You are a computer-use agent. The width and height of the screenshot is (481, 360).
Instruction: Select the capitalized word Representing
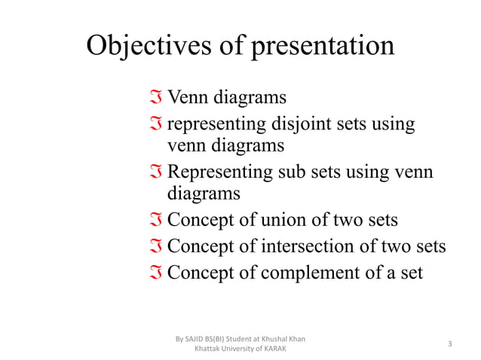(216, 171)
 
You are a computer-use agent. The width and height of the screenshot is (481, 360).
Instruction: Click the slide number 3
(449, 343)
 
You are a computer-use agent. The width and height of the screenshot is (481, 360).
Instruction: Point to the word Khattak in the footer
(208, 349)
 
